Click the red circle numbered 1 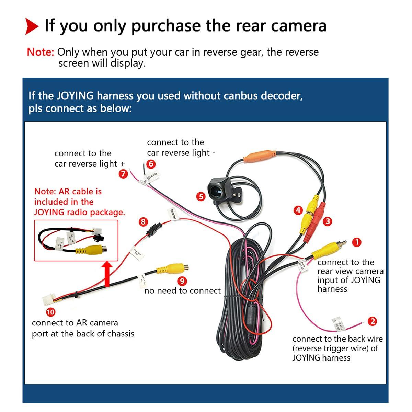click(357, 242)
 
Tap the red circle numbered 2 click(372, 321)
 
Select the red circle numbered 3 click(328, 221)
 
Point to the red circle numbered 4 click(298, 210)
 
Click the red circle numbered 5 click(201, 197)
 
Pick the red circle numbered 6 click(151, 164)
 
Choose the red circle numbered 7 click(123, 174)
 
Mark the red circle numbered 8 click(143, 221)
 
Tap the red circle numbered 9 click(183, 281)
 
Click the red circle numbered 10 click(50, 312)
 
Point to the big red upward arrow click(107, 273)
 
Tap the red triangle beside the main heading click(32, 27)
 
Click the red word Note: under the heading click(41, 52)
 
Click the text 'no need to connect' click(182, 291)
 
